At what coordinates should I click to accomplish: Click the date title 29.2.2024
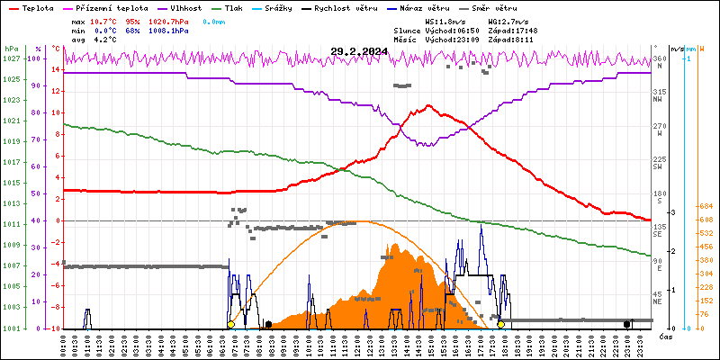359,52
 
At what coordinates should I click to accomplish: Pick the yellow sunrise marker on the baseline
231,324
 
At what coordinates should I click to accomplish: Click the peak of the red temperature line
429,105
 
